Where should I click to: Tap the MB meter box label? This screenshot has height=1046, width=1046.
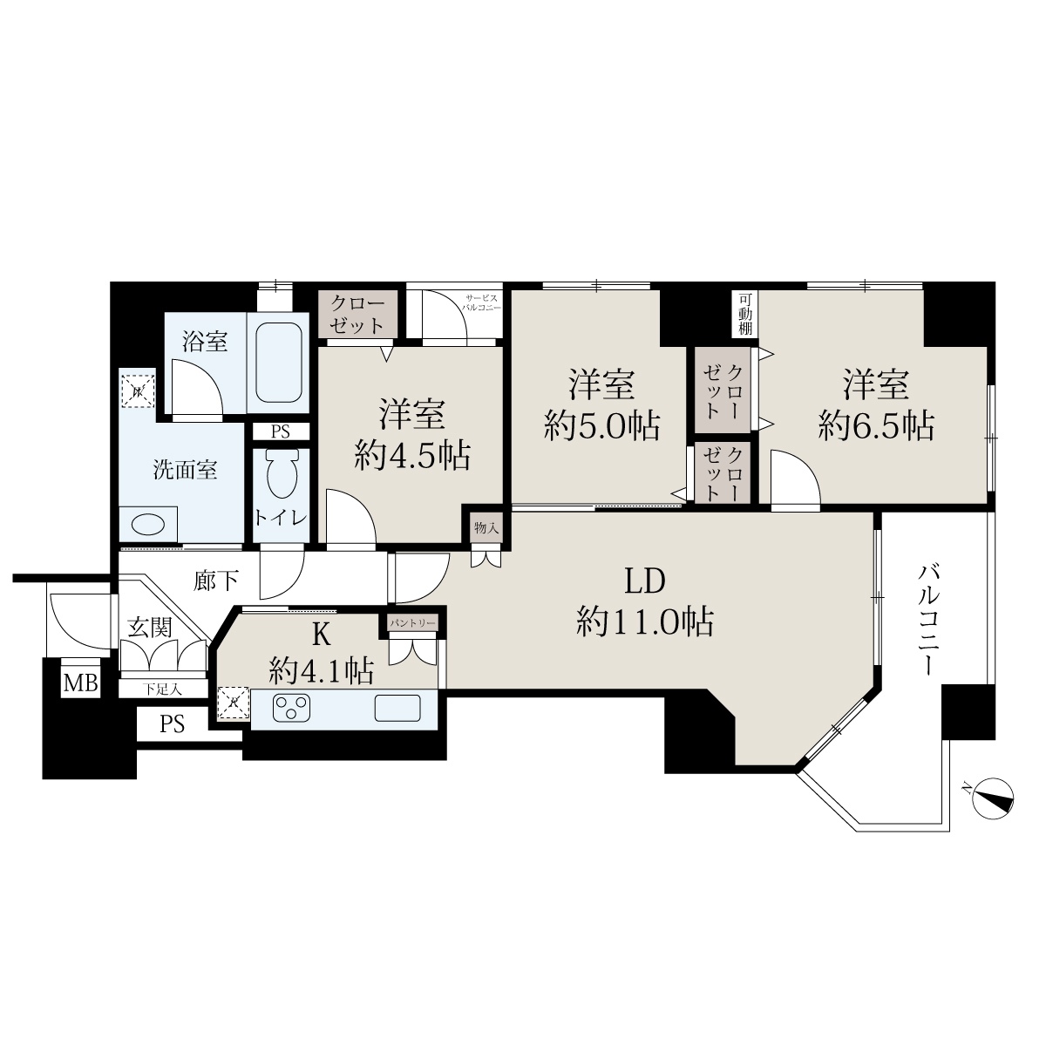(81, 683)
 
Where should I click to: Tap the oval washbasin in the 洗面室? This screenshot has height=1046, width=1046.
(148, 525)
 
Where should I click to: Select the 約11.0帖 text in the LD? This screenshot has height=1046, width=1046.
(645, 621)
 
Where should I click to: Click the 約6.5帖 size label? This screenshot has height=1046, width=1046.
(877, 425)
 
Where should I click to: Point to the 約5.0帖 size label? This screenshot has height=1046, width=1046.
(602, 425)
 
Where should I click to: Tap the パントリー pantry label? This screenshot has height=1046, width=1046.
(413, 623)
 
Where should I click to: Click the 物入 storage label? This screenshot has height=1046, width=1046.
(486, 527)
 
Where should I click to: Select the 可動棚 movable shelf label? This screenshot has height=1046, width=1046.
(744, 314)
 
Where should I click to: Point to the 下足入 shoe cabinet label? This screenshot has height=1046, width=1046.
(162, 689)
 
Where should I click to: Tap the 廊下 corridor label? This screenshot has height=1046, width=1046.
(216, 581)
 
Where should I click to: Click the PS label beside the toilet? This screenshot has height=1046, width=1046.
(281, 432)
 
